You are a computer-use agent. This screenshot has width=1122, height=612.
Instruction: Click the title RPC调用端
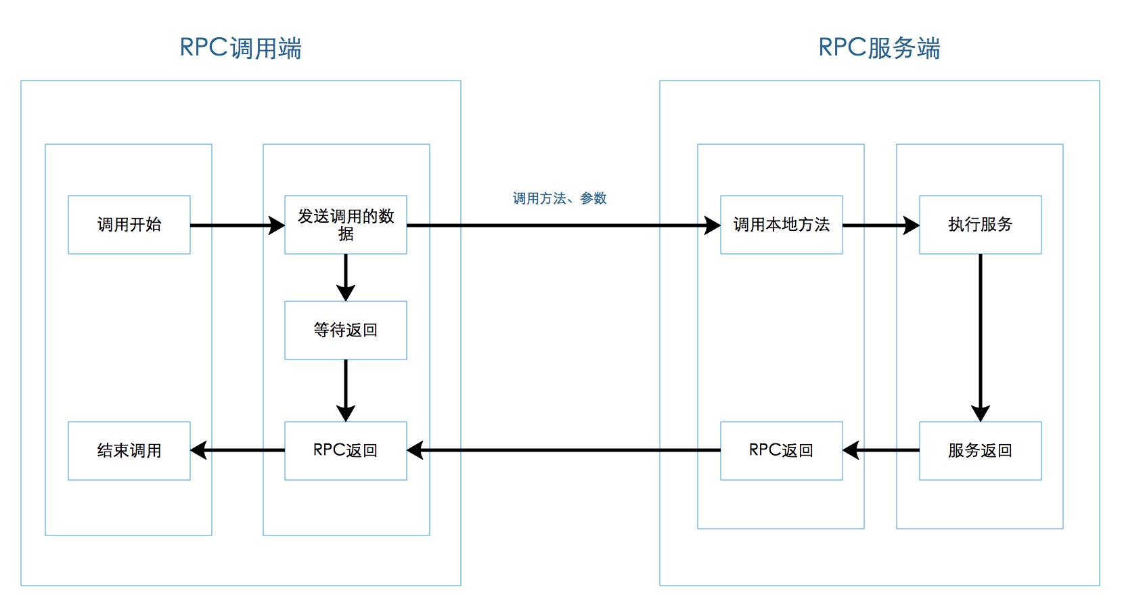pyautogui.click(x=240, y=48)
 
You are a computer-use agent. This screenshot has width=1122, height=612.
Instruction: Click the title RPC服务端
pyautogui.click(x=879, y=48)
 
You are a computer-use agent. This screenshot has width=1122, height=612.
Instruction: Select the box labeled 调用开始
pyautogui.click(x=129, y=225)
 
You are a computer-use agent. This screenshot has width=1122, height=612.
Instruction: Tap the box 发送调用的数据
pyautogui.click(x=345, y=225)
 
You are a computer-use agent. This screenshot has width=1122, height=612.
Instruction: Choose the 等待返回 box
pyautogui.click(x=345, y=330)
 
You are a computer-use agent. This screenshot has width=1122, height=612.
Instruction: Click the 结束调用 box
pyautogui.click(x=129, y=451)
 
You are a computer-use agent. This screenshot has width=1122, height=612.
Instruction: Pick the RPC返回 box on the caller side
pyautogui.click(x=345, y=451)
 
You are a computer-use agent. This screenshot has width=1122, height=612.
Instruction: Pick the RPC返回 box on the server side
pyautogui.click(x=781, y=451)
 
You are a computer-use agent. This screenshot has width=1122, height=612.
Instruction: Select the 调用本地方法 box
pyautogui.click(x=781, y=225)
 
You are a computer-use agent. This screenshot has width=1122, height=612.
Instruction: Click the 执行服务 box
pyautogui.click(x=980, y=225)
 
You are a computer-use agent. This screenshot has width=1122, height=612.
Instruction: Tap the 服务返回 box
pyautogui.click(x=980, y=451)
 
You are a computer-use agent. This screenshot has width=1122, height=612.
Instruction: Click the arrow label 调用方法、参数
pyautogui.click(x=560, y=198)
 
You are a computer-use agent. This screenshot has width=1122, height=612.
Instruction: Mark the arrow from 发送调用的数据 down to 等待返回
pyautogui.click(x=346, y=274)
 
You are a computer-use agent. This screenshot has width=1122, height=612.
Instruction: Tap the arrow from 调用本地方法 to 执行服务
pyautogui.click(x=876, y=225)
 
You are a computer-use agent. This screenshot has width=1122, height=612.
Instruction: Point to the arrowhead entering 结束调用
pyautogui.click(x=199, y=450)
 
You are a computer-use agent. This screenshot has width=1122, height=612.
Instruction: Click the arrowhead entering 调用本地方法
pyautogui.click(x=713, y=225)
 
